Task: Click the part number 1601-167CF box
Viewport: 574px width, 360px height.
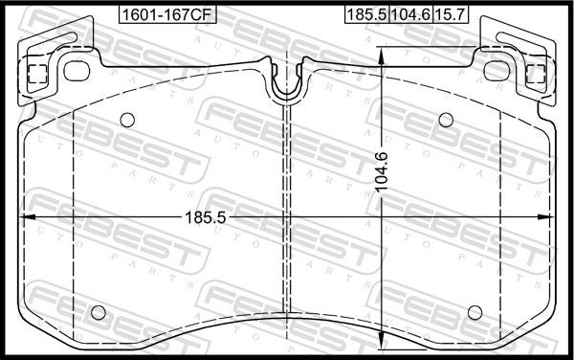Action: tap(167, 14)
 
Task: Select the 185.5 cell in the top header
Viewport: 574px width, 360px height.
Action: tap(366, 14)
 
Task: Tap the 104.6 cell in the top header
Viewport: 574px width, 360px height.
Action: tap(410, 14)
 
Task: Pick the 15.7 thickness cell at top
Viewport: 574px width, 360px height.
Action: tap(451, 14)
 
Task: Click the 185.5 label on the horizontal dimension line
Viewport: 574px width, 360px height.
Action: tap(206, 217)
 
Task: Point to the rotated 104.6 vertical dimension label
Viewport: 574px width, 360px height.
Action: tap(382, 171)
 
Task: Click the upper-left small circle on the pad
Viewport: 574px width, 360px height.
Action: tap(127, 120)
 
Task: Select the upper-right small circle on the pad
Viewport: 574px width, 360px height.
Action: tap(446, 120)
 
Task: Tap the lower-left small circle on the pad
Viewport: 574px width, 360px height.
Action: tap(99, 312)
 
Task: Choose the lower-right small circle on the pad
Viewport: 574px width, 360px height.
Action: tap(475, 312)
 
